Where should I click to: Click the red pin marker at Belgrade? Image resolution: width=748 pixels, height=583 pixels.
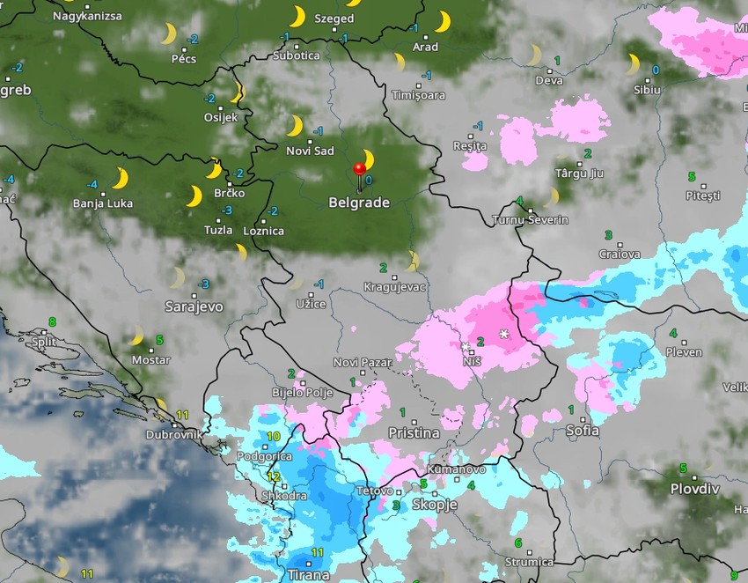point(359,171)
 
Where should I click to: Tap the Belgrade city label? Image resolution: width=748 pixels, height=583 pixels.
point(359,203)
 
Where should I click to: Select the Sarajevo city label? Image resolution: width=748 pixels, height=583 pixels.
point(194,306)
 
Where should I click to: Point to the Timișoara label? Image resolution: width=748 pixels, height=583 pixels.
point(418,95)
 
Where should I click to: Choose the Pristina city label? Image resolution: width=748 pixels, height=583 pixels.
point(414,432)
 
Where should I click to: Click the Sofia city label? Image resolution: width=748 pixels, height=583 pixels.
point(583,431)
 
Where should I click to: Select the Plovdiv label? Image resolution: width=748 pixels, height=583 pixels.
point(695,489)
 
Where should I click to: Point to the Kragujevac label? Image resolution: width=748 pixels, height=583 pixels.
point(395,287)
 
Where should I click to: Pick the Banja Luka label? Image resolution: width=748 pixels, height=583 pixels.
point(103,203)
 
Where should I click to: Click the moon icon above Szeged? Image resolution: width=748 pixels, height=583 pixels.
point(298,16)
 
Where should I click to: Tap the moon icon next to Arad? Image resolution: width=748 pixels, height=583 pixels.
point(442,21)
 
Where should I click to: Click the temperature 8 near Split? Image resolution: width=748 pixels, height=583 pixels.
point(52,322)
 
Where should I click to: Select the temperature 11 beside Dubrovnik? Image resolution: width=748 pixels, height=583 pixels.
point(183,416)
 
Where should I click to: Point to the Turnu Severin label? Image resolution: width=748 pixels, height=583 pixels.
point(531,219)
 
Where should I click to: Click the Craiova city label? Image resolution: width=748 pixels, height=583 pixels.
point(620,254)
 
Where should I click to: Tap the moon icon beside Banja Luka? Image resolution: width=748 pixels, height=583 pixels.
point(120,179)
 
